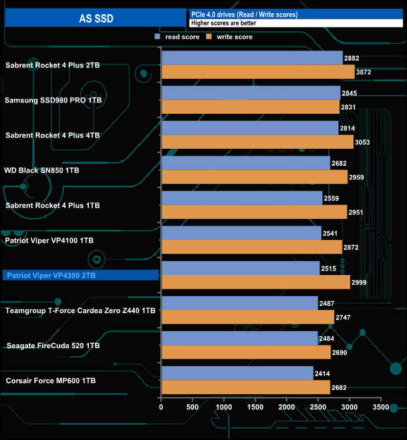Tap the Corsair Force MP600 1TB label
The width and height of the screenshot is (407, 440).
[51, 380]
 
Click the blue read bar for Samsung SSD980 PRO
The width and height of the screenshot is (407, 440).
[250, 93]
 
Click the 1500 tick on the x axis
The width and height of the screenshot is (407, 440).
[255, 407]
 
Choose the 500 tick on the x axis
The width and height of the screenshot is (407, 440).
[192, 407]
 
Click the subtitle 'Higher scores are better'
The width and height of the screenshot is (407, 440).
[224, 23]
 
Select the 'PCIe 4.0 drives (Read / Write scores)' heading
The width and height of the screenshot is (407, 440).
[244, 14]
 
